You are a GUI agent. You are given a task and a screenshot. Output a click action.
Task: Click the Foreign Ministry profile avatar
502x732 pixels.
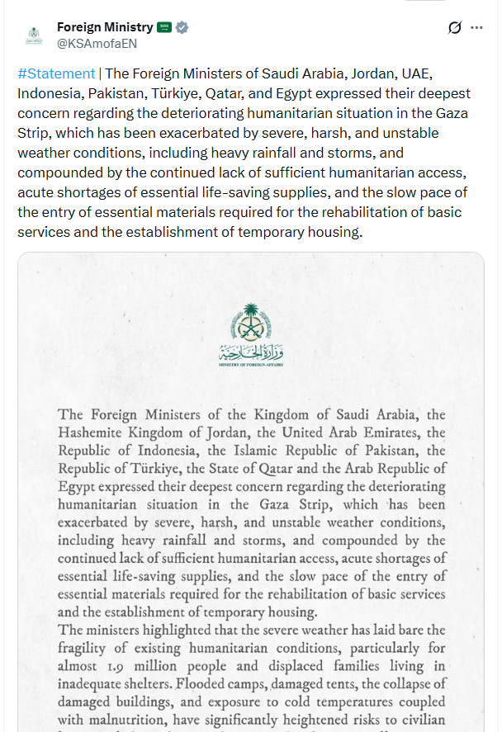pos(33,35)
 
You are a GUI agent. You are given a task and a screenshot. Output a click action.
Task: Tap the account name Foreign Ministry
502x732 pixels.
pos(105,27)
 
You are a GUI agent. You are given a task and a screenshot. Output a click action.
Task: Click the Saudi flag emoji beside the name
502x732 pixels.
pos(163,27)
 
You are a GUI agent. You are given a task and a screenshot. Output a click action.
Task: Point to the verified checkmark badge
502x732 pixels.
pos(182,27)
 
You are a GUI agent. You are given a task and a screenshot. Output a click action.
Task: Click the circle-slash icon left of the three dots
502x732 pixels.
pos(454,27)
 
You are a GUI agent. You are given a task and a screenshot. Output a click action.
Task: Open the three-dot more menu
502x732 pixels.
pos(476,27)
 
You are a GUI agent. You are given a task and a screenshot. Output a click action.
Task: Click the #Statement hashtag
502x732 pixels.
pos(55,73)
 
